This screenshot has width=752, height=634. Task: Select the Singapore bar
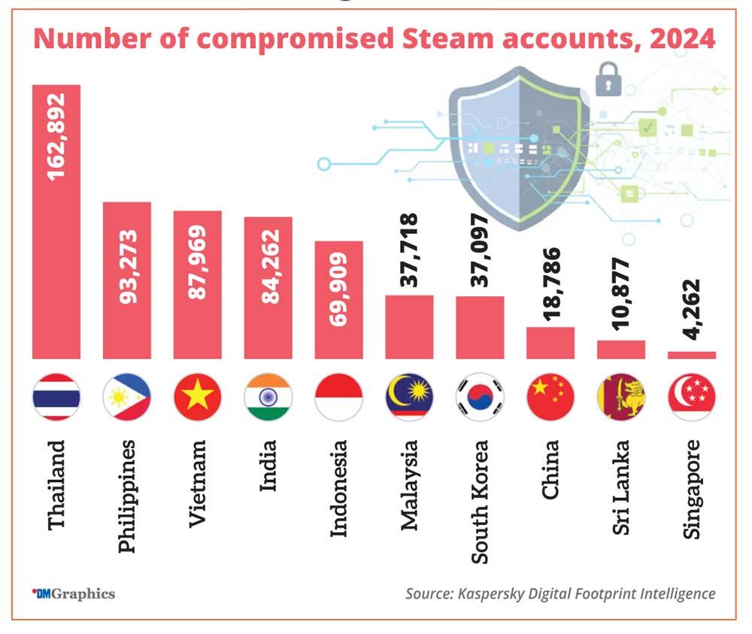tap(691, 354)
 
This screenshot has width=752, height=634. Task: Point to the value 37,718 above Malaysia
tap(409, 250)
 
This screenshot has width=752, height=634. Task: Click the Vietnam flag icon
tap(197, 397)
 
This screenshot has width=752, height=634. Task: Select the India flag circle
tap(268, 397)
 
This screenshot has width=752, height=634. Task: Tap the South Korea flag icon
tap(480, 397)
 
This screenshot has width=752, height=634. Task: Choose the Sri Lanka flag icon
tap(620, 397)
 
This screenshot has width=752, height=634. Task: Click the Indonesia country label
tap(339, 488)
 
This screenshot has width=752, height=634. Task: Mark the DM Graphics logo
tap(73, 593)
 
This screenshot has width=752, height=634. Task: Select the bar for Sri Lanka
tap(620, 350)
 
